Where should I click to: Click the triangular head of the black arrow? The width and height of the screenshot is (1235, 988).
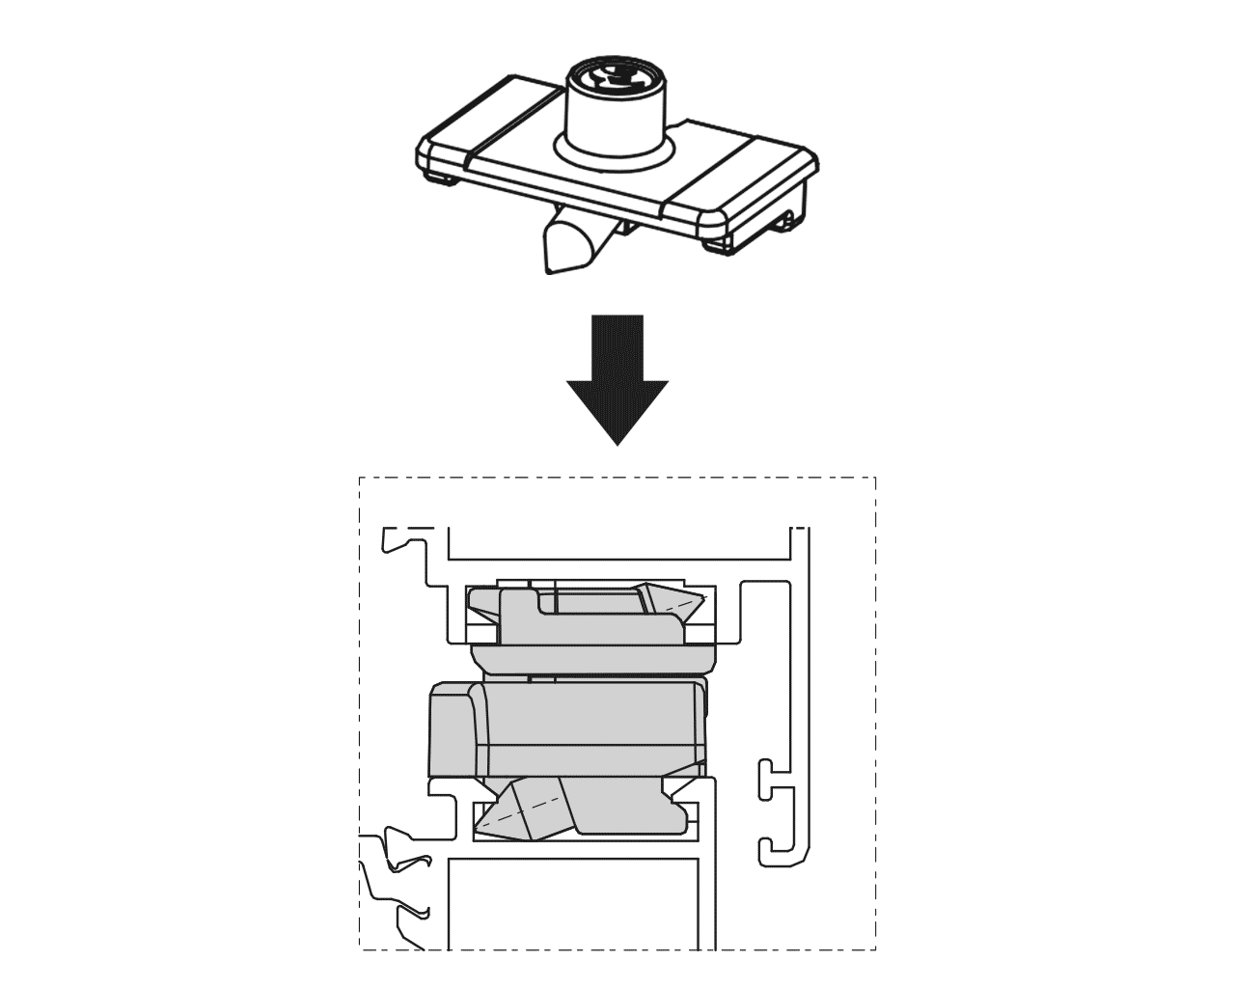[x=617, y=410]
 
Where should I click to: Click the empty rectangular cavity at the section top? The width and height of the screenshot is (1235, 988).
[x=617, y=541]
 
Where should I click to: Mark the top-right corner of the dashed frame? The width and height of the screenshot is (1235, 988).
[x=875, y=478]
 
